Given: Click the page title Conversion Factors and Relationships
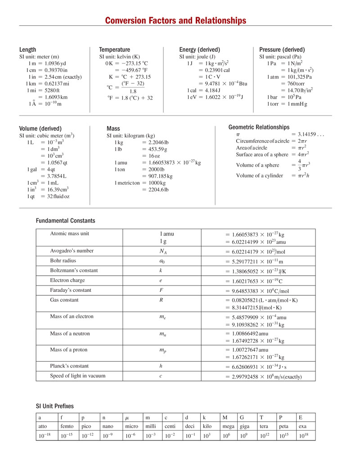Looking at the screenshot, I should [x=175, y=21].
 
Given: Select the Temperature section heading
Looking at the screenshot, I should [x=114, y=50].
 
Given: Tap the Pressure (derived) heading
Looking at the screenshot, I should [x=282, y=50].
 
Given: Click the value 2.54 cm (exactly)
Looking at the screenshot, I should [x=62, y=77].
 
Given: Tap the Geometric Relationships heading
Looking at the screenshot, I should [x=259, y=127].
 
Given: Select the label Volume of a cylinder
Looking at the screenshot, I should [x=260, y=176].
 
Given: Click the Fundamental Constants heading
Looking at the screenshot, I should [x=66, y=221].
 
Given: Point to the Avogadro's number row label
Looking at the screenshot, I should [x=72, y=250].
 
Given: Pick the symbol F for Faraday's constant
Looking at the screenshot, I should [x=161, y=290].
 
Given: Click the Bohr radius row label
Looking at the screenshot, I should [x=63, y=260].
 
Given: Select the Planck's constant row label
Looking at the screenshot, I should [x=69, y=366].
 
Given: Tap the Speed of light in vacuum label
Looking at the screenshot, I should [x=77, y=376].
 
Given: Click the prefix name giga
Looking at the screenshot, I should [x=245, y=426].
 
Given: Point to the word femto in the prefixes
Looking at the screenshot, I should [x=67, y=426].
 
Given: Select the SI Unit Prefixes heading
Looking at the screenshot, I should [x=55, y=406].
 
